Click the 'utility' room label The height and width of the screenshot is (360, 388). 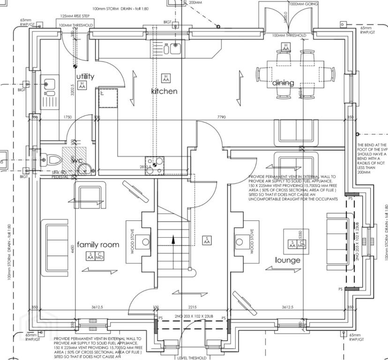point(85,76)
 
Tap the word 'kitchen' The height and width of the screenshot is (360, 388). point(164,91)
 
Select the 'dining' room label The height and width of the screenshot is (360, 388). point(284,83)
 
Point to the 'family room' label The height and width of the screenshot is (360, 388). point(98,245)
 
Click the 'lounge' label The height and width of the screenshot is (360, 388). point(288,260)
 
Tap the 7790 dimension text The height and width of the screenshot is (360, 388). point(222,117)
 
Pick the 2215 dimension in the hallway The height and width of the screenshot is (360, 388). point(192,307)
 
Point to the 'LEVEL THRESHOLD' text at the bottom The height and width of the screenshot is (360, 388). point(192,358)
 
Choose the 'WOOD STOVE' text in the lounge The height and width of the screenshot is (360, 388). point(252,241)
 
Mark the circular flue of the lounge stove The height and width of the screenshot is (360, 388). point(240,242)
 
